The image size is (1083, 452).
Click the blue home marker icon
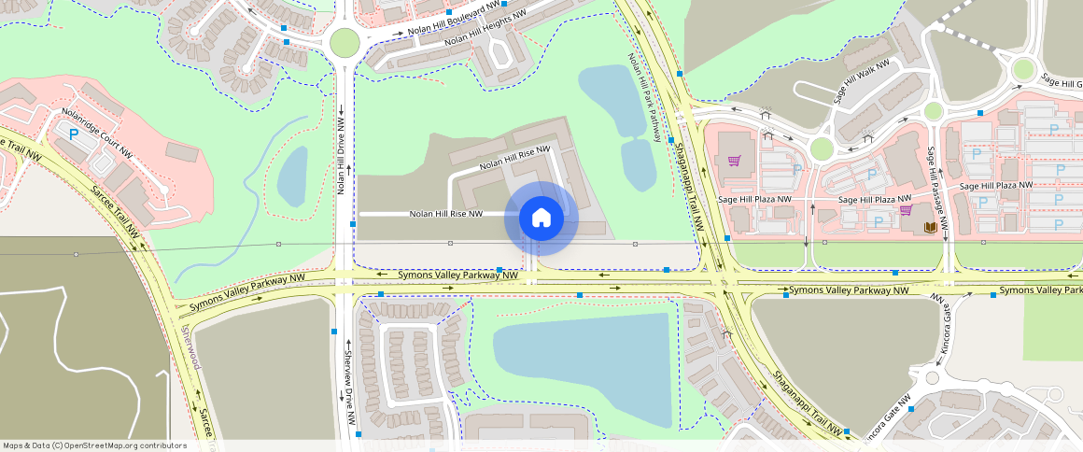click(x=541, y=219)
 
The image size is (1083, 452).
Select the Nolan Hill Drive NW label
click(x=343, y=156)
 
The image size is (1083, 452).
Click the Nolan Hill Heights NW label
click(x=485, y=28)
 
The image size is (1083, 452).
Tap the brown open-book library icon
click(x=930, y=227)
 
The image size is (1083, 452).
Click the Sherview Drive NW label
click(x=347, y=383)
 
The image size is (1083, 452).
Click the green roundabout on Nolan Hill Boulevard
click(x=345, y=43)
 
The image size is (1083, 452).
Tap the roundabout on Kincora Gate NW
click(x=932, y=378)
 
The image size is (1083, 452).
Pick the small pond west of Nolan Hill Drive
click(x=292, y=175)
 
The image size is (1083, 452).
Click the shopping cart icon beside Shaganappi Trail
click(x=734, y=161)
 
